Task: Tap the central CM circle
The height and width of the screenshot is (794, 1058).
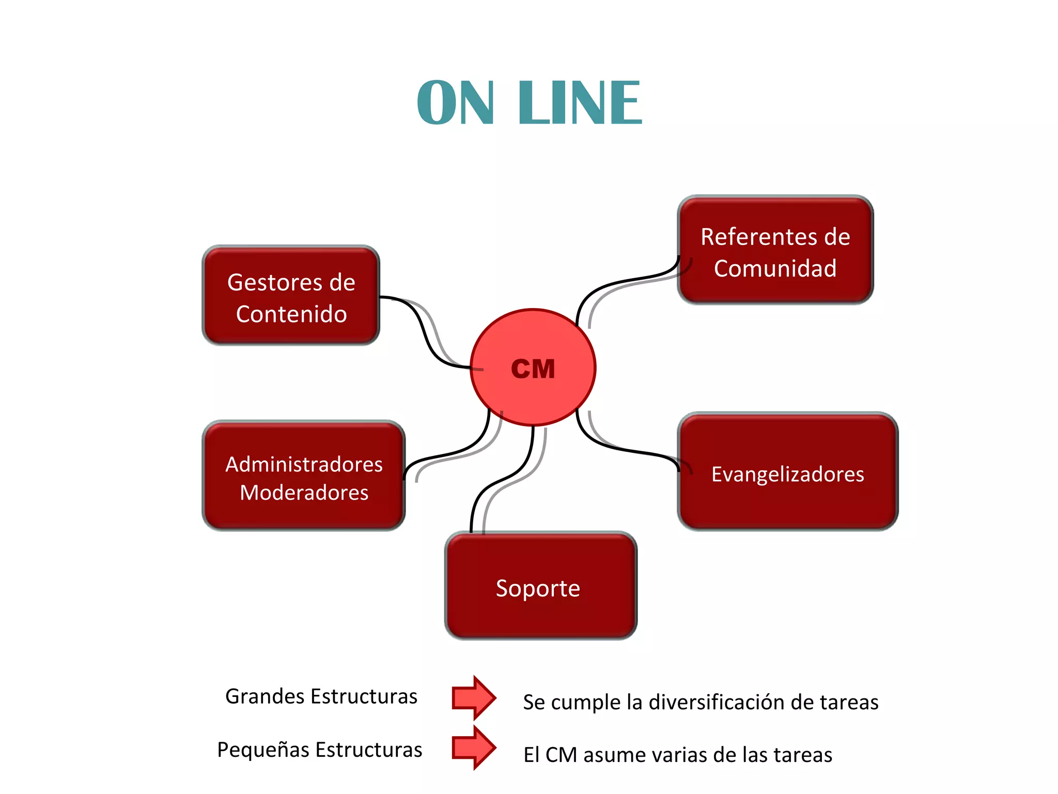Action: pos(533,368)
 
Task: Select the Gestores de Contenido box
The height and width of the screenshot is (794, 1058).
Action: pos(291,296)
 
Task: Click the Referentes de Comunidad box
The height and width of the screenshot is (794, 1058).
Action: pos(775,250)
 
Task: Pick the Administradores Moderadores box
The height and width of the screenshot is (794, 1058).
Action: pos(304,476)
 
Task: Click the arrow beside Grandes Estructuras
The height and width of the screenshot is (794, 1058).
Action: pos(473,697)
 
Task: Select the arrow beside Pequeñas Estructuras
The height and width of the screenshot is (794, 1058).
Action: pos(473,747)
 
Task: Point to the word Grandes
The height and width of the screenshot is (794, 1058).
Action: pos(260,696)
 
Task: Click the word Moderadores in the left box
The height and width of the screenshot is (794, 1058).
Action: pos(304,492)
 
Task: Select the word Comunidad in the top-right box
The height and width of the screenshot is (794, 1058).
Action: pos(775,268)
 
